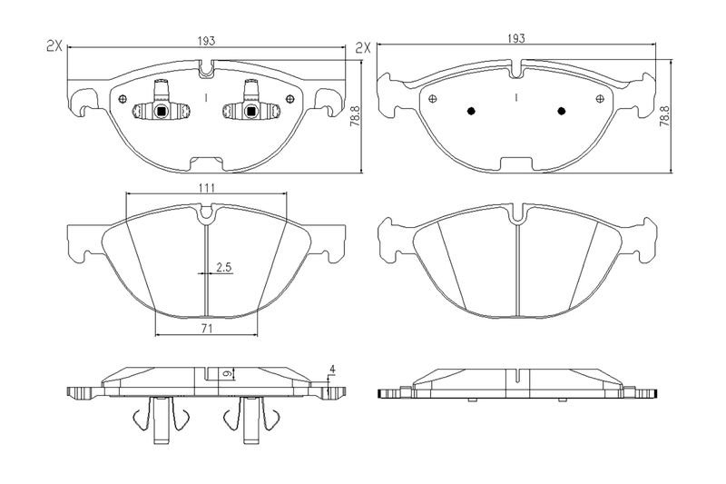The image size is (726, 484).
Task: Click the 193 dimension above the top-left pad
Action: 207,41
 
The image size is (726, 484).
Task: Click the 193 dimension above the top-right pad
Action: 516,38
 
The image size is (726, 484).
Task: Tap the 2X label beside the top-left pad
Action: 54,45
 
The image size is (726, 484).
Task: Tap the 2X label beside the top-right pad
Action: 364,48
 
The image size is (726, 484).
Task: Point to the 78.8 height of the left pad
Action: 355,116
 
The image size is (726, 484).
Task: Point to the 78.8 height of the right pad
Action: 664,116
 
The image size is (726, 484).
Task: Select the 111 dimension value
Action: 207,188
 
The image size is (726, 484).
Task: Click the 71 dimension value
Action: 207,329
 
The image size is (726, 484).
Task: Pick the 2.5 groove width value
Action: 224,267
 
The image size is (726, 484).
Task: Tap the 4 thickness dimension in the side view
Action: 332,370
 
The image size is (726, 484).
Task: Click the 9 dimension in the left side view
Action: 227,373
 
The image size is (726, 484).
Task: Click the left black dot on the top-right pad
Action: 471,111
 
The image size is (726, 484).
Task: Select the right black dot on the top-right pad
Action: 562,111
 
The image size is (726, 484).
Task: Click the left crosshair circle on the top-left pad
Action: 123,99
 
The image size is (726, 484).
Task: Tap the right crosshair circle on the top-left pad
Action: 290,99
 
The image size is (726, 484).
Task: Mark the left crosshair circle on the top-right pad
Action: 433,99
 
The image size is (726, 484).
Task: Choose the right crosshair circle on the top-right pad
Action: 600,99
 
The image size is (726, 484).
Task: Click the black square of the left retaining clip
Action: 162,111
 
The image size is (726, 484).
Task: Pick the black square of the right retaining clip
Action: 251,111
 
